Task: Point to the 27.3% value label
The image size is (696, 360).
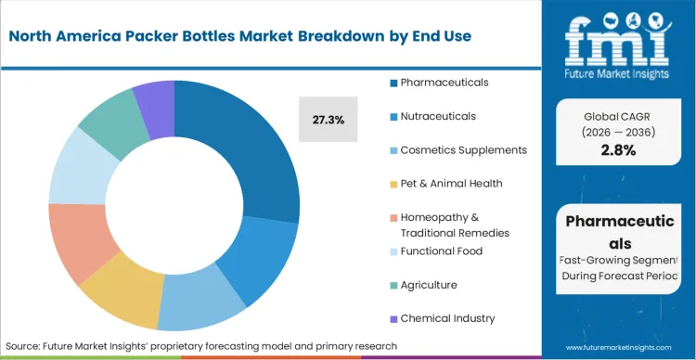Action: pyautogui.click(x=328, y=120)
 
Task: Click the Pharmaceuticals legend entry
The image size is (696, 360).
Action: pyautogui.click(x=445, y=83)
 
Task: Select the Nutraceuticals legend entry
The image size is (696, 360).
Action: pyautogui.click(x=438, y=116)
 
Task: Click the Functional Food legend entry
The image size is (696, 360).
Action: pyautogui.click(x=441, y=251)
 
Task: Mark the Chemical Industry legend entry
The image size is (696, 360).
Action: pyautogui.click(x=447, y=318)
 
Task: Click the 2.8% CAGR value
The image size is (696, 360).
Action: pyautogui.click(x=618, y=150)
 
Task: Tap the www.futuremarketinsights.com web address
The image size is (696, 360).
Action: pyautogui.click(x=618, y=345)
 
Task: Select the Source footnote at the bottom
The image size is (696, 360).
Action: pyautogui.click(x=201, y=345)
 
